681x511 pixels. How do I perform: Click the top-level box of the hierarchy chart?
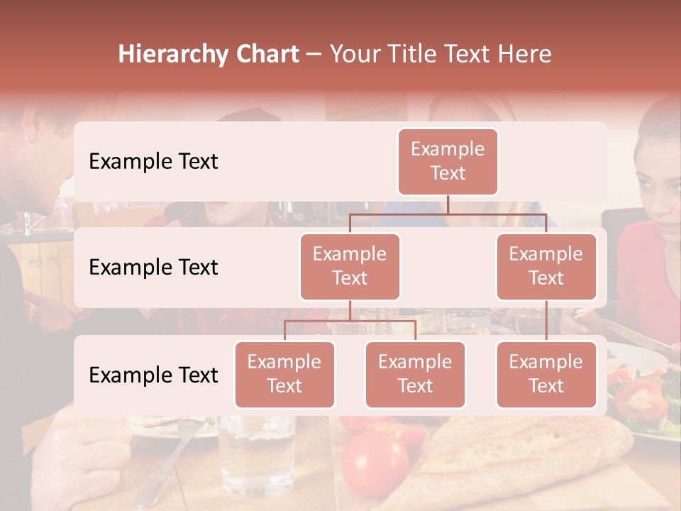point(448,161)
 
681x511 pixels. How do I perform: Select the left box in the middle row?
point(350,266)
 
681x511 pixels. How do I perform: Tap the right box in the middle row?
point(546,266)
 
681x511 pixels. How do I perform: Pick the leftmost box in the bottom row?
point(284,374)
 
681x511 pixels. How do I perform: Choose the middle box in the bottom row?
point(415,374)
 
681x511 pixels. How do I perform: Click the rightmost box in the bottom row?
point(546,374)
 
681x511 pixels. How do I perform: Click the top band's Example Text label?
point(153,161)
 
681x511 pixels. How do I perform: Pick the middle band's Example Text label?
point(153,267)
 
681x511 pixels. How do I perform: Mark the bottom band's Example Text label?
point(153,375)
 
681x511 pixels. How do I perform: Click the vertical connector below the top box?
point(448,204)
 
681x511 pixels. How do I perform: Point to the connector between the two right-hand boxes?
point(546,320)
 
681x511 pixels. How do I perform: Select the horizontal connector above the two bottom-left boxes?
point(350,321)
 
